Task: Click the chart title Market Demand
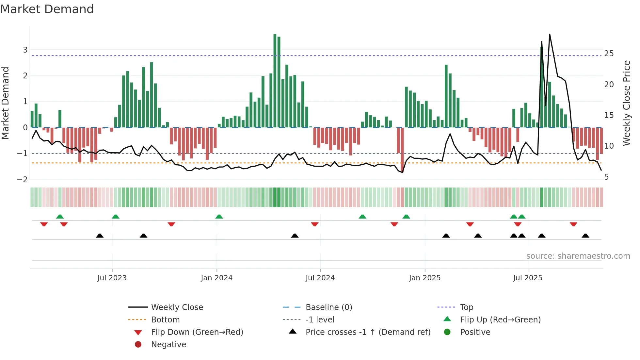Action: point(47,9)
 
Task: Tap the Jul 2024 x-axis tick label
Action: point(320,278)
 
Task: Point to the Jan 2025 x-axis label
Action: point(424,278)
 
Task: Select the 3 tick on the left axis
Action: point(25,50)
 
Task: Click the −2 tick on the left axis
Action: point(23,179)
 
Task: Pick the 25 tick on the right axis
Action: point(609,53)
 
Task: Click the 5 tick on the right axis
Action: point(606,177)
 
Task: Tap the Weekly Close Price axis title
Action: point(626,103)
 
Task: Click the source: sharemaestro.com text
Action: point(578,256)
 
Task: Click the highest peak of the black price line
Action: point(550,34)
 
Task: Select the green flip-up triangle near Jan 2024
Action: point(219,217)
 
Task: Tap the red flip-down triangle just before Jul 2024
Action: point(314,224)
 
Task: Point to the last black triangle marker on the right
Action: point(585,236)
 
